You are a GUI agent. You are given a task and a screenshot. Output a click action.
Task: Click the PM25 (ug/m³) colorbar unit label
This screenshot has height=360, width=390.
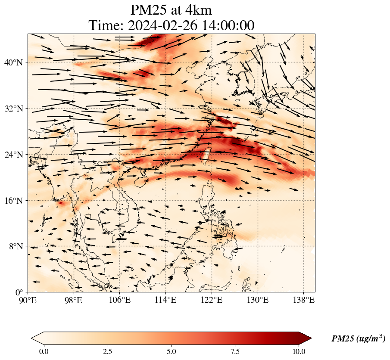(x=358, y=339)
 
